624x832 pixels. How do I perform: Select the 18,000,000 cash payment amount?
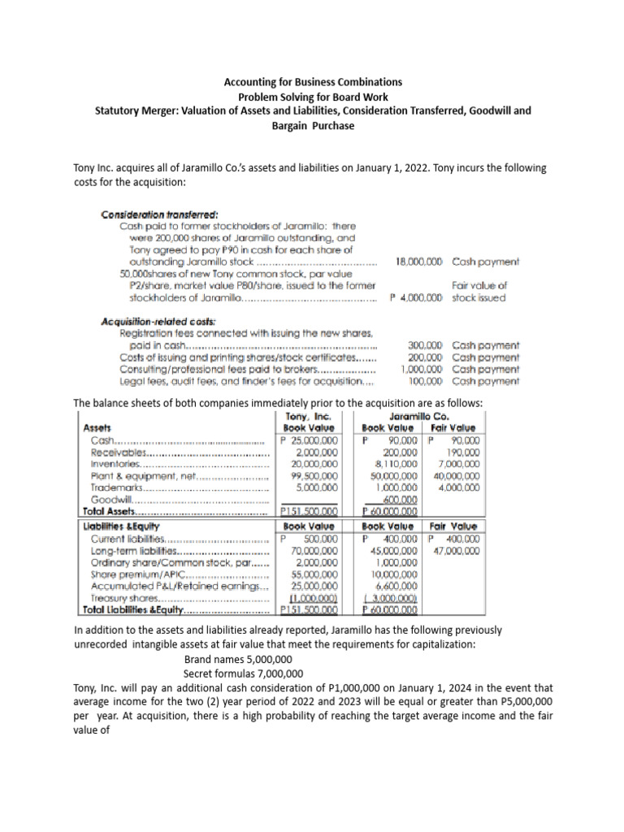[418, 262]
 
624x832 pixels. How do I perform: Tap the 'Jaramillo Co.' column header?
[421, 416]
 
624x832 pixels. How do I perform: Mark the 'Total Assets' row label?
[110, 512]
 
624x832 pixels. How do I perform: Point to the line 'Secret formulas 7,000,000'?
[244, 674]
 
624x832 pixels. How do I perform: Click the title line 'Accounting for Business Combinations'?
[311, 82]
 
